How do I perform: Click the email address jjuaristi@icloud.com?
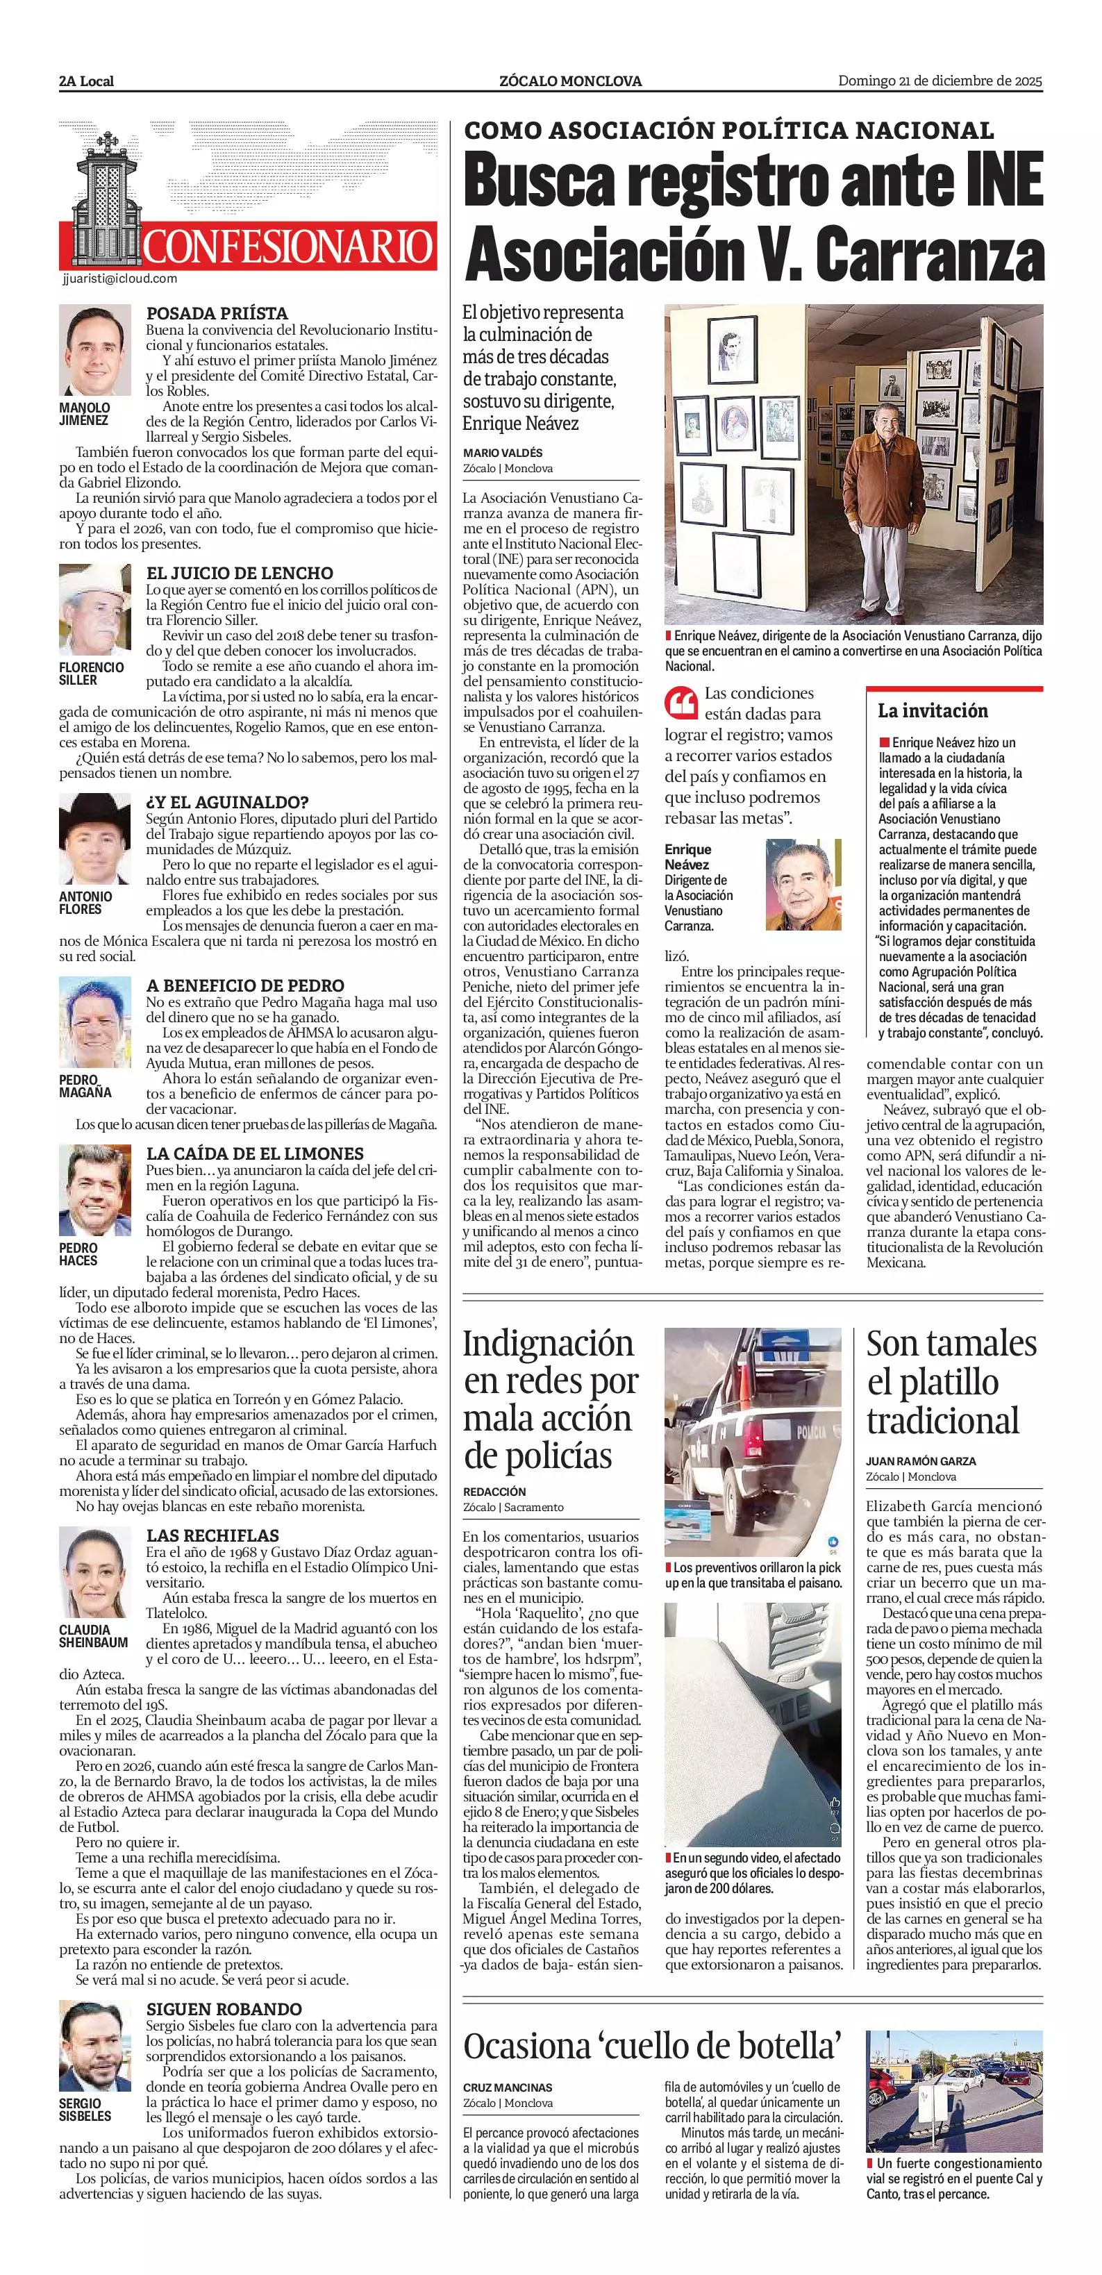pyautogui.click(x=120, y=278)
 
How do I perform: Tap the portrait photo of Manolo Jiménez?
pyautogui.click(x=94, y=351)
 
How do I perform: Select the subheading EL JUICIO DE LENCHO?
pyautogui.click(x=240, y=572)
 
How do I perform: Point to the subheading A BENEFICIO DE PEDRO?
pyautogui.click(x=244, y=985)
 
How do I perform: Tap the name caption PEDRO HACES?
pyautogui.click(x=78, y=1254)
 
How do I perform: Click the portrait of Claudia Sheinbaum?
pyautogui.click(x=94, y=1571)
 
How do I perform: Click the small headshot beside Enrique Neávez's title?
pyautogui.click(x=803, y=884)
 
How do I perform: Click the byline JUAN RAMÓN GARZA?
pyautogui.click(x=921, y=1460)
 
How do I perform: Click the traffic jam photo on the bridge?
pyautogui.click(x=953, y=2090)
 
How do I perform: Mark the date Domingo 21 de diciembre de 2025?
pyautogui.click(x=940, y=81)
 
